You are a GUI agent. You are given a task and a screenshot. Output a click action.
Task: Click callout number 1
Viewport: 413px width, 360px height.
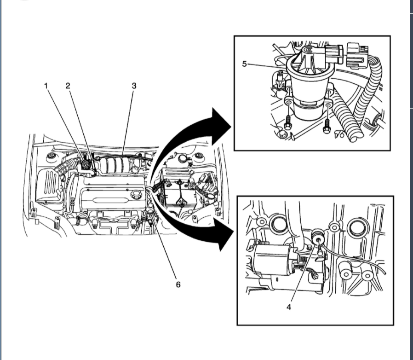[x=46, y=86]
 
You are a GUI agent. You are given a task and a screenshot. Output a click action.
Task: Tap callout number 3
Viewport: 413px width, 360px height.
[x=134, y=86]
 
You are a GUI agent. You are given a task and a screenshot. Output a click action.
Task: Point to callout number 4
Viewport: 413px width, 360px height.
[x=289, y=306]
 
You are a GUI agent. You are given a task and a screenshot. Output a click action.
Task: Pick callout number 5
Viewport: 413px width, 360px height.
[x=245, y=64]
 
